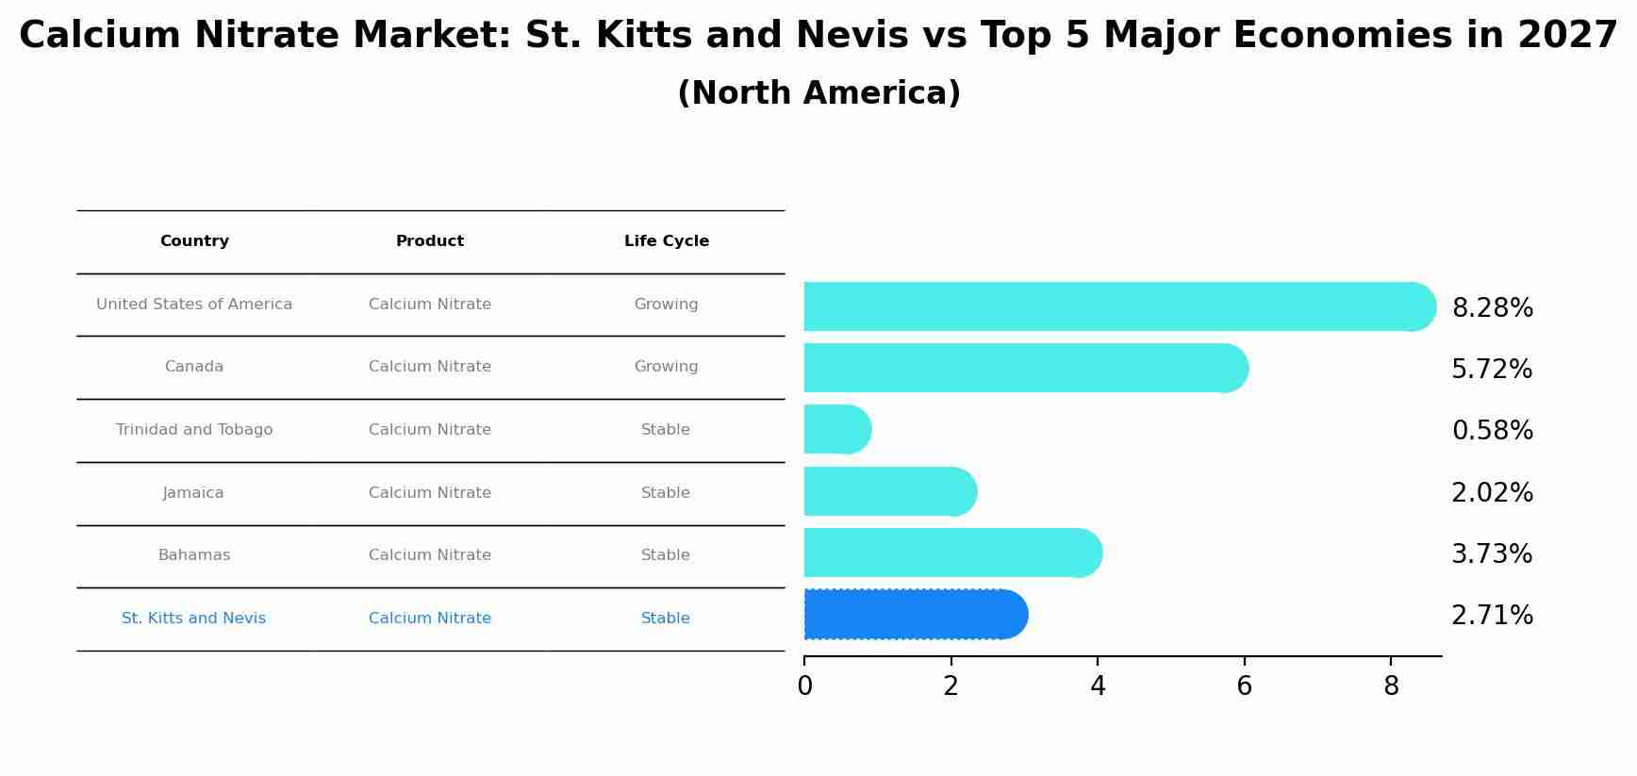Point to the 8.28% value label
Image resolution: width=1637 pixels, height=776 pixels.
[x=1492, y=308]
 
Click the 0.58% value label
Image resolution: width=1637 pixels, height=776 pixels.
[x=1492, y=431]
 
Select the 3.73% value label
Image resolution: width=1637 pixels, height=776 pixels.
[x=1492, y=554]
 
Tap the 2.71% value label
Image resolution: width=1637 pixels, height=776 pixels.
[x=1492, y=616]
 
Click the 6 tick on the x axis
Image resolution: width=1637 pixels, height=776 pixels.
[x=1244, y=686]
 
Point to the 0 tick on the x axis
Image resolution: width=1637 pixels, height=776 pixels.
[x=804, y=686]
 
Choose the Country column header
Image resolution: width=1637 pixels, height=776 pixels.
[x=194, y=241]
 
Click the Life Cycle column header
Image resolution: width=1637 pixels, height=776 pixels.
[x=666, y=241]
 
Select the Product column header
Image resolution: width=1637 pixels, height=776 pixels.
[x=430, y=241]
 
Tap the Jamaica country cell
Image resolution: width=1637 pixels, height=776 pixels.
[x=193, y=493]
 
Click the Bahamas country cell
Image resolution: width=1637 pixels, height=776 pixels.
[x=194, y=555]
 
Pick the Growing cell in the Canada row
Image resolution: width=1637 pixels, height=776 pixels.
[x=666, y=367]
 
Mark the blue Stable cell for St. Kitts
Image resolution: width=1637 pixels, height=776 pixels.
[x=666, y=619]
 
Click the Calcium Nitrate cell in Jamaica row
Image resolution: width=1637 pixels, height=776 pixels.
[x=430, y=493]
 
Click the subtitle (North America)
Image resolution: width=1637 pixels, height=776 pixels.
[x=818, y=93]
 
